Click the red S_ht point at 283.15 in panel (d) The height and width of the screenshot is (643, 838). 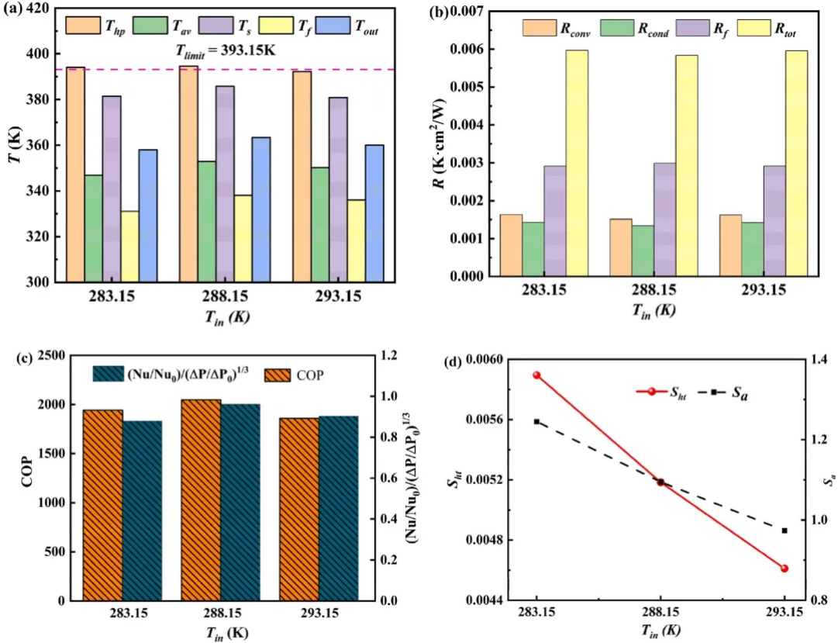536,375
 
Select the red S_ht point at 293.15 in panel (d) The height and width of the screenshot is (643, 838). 785,569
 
